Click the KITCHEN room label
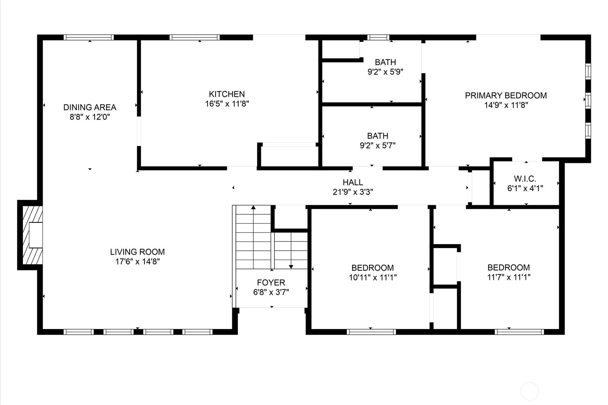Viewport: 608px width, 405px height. point(227,94)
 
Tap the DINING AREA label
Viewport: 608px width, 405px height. point(90,107)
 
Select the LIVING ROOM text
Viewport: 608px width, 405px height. point(137,252)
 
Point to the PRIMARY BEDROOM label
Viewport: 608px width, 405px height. point(506,96)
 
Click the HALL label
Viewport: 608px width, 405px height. point(353,182)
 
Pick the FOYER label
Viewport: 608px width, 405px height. point(271,283)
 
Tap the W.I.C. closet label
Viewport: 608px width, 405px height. point(525,179)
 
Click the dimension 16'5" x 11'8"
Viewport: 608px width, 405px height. point(227,104)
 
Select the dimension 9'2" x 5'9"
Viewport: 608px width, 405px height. point(386,72)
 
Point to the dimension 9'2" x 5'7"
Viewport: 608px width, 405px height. point(378,146)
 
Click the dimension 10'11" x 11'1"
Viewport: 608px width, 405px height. point(373,278)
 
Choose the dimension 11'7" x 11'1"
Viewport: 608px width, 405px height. point(509,277)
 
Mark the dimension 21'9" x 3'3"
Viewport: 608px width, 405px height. point(353,192)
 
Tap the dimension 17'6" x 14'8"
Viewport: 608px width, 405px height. point(137,262)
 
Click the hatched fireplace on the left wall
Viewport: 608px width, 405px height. point(32,235)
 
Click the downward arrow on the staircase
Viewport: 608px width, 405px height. point(291,251)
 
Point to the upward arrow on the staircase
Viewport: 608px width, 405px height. point(253,237)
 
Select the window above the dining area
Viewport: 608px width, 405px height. point(89,38)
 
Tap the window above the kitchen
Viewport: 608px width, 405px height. point(195,38)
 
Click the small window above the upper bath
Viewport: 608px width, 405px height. point(378,38)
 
